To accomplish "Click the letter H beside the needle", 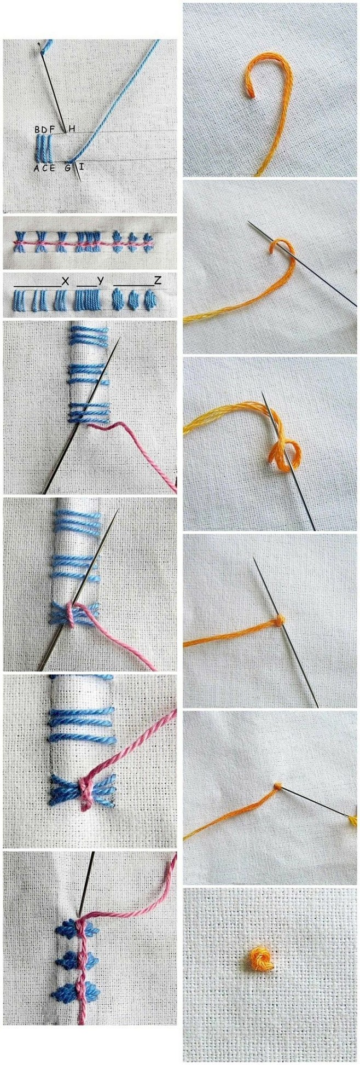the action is tap(72, 129).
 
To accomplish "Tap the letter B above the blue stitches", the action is tap(37, 130).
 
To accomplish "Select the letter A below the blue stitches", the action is tap(36, 168).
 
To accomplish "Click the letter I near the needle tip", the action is tap(81, 166).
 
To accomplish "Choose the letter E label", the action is tap(53, 168).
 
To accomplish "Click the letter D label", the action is tap(45, 130).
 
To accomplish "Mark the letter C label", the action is tap(44, 168).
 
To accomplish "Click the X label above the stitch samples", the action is tap(65, 281).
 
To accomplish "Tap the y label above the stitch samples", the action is tap(100, 281).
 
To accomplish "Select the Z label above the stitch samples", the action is tap(158, 281).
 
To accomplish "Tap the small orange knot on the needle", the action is tap(280, 619).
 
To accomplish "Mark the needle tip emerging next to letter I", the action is tap(81, 180).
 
